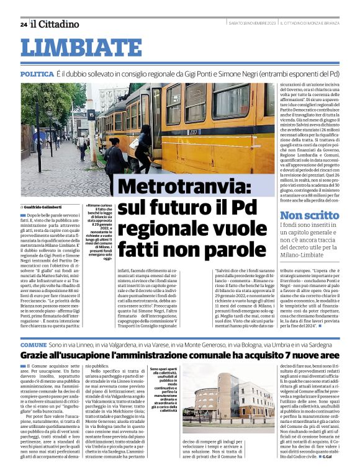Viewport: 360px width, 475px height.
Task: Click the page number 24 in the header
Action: coord(24,25)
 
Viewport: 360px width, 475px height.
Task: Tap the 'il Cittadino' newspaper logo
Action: coord(55,24)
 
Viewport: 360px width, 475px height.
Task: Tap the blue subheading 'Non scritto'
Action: coord(309,215)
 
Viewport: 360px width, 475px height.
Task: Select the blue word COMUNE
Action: coord(34,344)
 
